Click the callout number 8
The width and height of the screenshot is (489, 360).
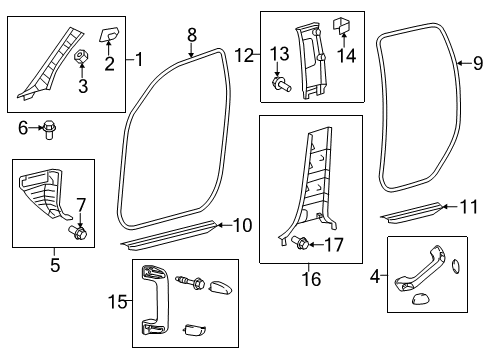click(x=192, y=35)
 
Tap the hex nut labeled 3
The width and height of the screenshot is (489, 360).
click(x=81, y=56)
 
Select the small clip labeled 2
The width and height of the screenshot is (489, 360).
click(x=109, y=34)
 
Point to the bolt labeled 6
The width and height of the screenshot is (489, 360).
click(x=49, y=130)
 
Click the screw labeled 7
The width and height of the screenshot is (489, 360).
click(x=77, y=232)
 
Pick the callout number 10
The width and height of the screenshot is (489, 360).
click(x=243, y=226)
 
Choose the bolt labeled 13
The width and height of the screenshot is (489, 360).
click(x=282, y=84)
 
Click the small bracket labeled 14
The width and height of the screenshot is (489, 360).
click(x=341, y=25)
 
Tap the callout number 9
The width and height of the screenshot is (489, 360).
click(x=478, y=63)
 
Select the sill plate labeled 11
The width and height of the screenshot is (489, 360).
click(x=412, y=212)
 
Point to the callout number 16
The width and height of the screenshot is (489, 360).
click(x=311, y=279)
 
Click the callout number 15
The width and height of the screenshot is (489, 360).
click(x=118, y=302)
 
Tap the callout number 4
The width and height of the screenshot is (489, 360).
click(x=375, y=276)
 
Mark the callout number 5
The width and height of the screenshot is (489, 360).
click(x=55, y=265)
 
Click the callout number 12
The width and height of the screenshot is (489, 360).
click(x=244, y=55)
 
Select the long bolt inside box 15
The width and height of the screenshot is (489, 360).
click(x=191, y=282)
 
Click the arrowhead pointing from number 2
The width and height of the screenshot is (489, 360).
click(x=109, y=42)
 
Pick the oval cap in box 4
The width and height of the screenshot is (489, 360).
click(x=455, y=266)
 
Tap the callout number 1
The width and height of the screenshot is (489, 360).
click(x=139, y=59)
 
